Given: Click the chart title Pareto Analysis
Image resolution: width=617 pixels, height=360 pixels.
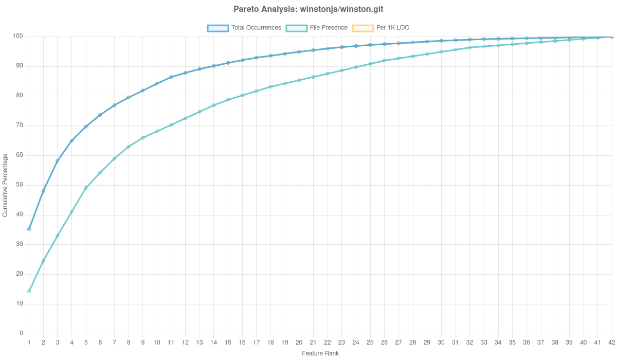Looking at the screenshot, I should click(308, 9).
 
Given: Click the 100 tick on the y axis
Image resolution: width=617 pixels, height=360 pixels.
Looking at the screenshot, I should click(19, 36).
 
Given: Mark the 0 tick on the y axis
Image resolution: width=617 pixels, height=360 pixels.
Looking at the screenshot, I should click(21, 333).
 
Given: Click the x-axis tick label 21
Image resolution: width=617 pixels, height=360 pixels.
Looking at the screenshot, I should click(313, 343).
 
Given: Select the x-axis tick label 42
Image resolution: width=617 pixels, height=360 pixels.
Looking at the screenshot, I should click(611, 343).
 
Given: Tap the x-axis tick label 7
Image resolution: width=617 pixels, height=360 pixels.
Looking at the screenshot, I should click(114, 343).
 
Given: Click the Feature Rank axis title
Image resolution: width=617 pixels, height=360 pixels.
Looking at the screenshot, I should click(320, 354).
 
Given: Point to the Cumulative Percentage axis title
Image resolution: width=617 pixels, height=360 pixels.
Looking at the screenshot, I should click(5, 185).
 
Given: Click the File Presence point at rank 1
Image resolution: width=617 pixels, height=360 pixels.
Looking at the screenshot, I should click(29, 292).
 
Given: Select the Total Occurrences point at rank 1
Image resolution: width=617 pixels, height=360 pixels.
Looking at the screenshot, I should click(29, 229).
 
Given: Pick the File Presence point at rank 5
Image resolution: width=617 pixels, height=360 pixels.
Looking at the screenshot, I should click(86, 188).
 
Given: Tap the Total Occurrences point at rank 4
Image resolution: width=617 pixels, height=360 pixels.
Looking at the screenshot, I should click(71, 140).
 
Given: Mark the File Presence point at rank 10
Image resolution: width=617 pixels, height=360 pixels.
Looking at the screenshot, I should click(157, 131).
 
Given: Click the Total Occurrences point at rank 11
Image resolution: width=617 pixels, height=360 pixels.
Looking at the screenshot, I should click(171, 77).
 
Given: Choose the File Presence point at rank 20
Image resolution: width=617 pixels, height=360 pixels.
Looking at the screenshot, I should click(299, 80).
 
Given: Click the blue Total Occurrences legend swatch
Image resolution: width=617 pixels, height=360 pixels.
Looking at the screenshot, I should click(217, 28).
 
